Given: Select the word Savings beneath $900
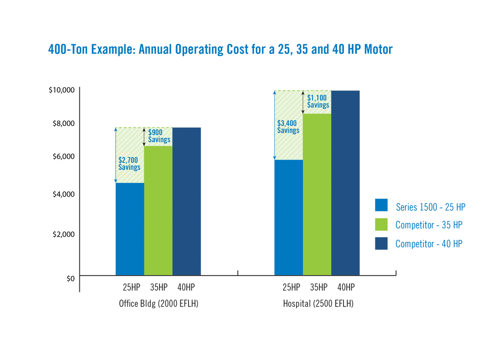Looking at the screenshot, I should (x=160, y=139).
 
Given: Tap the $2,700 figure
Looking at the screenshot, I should (x=129, y=160).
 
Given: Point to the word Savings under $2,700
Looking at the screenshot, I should (x=130, y=167).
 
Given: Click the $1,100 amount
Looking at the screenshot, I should (x=317, y=98).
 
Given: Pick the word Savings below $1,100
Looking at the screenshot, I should (x=318, y=105).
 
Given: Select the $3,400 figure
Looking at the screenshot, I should (x=287, y=123).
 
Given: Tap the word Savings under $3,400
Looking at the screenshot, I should (x=288, y=130).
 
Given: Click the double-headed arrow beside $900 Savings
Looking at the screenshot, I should (x=144, y=137).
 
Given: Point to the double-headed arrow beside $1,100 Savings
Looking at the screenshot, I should (x=303, y=103).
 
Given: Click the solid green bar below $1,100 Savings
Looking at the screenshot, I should (x=317, y=194).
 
